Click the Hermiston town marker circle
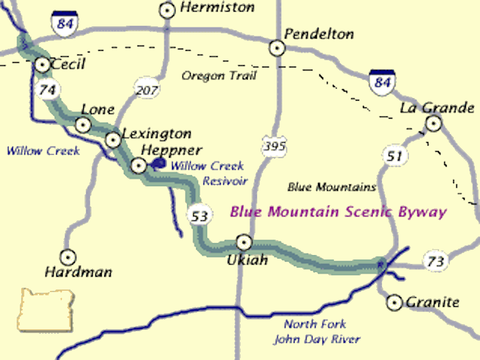click(168, 10)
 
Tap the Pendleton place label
click(319, 33)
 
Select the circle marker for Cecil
click(42, 64)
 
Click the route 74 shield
click(47, 90)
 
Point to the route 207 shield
click(147, 90)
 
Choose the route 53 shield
click(200, 216)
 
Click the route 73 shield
click(435, 261)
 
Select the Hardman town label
click(78, 272)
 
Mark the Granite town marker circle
click(395, 302)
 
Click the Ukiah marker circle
click(244, 242)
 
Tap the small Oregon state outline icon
click(45, 310)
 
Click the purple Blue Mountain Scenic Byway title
click(338, 212)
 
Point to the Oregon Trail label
click(219, 76)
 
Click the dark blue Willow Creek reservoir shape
click(157, 163)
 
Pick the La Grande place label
click(437, 107)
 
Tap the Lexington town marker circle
click(113, 138)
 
